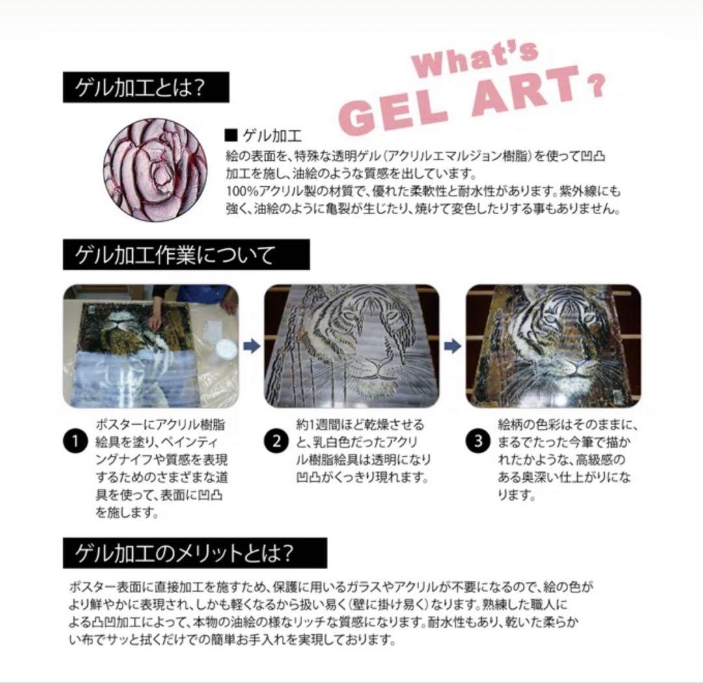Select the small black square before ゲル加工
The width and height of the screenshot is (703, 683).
(x=229, y=136)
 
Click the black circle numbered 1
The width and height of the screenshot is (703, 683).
(x=76, y=441)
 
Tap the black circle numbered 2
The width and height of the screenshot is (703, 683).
(x=276, y=441)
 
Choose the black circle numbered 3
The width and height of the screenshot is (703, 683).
(x=478, y=441)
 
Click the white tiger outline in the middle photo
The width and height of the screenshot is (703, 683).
(x=361, y=339)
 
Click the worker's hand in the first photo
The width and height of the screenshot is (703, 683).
(x=155, y=320)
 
